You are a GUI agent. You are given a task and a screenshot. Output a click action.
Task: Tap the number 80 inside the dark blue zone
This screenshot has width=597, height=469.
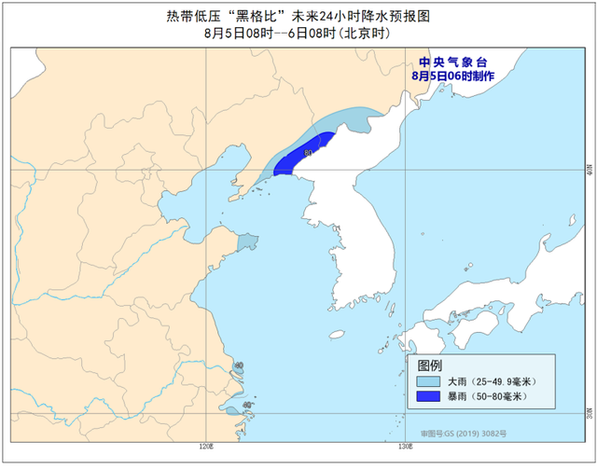tap(308, 152)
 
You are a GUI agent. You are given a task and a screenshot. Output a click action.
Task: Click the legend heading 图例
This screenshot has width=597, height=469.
tap(430, 365)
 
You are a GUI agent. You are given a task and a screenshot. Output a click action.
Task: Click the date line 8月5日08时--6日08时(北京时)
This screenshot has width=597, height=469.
tap(296, 33)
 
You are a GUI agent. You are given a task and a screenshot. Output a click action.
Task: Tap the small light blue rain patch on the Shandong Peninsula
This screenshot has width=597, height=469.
tap(246, 242)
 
